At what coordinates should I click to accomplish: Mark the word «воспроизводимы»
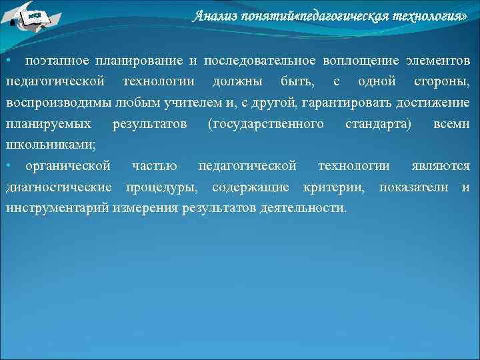(x=53, y=103)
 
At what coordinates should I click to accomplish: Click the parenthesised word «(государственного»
(x=265, y=125)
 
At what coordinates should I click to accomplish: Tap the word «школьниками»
(x=50, y=145)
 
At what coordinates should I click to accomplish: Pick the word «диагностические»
(x=60, y=187)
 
